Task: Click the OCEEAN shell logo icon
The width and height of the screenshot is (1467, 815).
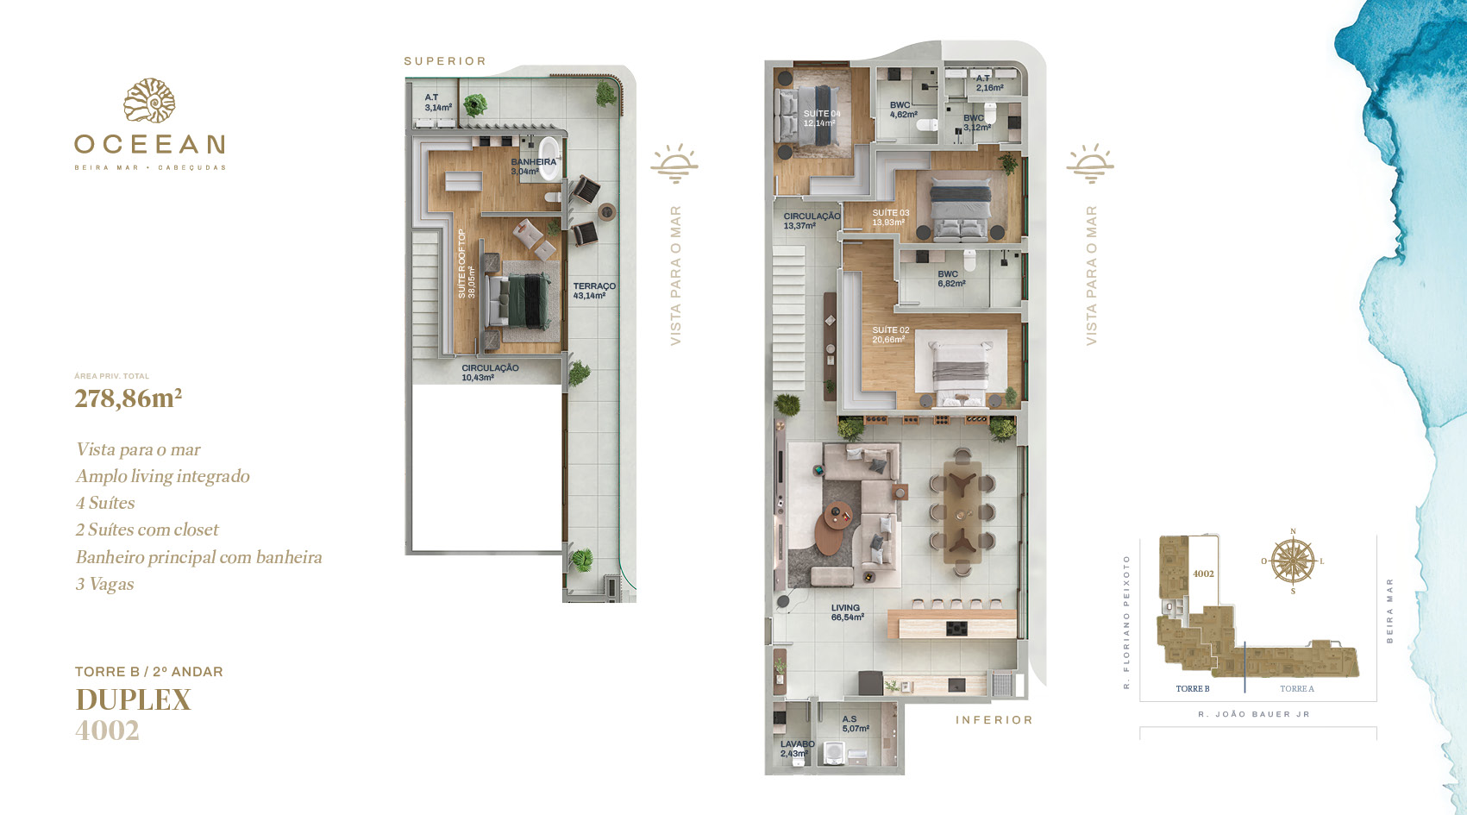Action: (x=149, y=101)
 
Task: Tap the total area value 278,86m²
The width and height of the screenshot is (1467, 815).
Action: (x=128, y=398)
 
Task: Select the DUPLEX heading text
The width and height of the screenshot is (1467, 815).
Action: (x=133, y=699)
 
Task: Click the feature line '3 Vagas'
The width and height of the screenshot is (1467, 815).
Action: (x=105, y=584)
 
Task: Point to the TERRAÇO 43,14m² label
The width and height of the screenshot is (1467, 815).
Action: (x=594, y=291)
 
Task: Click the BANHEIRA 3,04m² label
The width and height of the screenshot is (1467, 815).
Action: (x=533, y=166)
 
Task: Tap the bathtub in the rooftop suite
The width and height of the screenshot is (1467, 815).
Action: (x=549, y=156)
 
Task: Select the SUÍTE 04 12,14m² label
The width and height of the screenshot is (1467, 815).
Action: (x=821, y=118)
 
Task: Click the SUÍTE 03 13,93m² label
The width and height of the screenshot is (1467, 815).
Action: (x=890, y=217)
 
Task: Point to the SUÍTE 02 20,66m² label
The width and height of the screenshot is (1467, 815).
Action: (x=890, y=335)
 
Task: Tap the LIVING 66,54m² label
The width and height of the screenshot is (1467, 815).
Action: (x=847, y=612)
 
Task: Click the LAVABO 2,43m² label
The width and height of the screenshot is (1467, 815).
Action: (x=797, y=749)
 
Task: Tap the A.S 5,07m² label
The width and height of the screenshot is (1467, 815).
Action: (x=855, y=724)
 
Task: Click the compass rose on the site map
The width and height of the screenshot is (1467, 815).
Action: (x=1293, y=561)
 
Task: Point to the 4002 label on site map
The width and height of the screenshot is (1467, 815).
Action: (x=1203, y=574)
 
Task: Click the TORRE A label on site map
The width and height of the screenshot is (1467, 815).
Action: (x=1296, y=688)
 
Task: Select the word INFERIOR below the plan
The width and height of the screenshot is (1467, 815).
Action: (x=994, y=720)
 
